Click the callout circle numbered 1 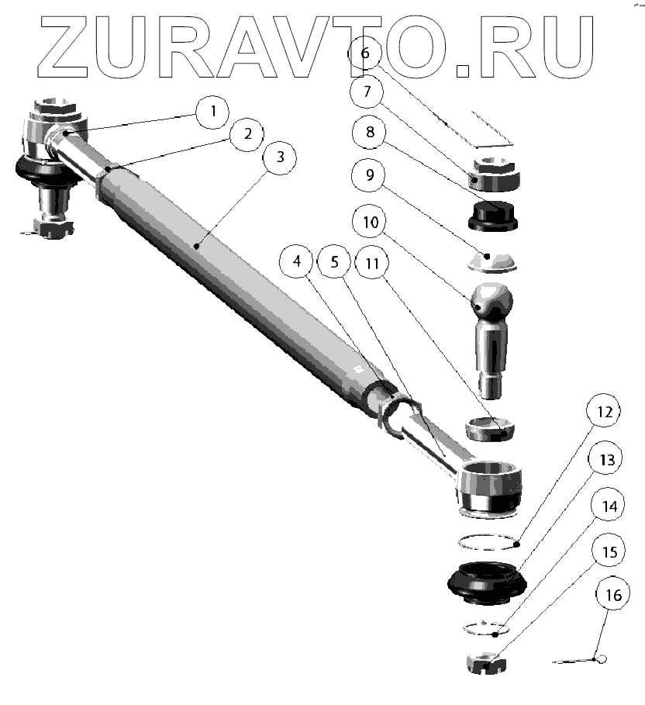212,112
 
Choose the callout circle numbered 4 298,262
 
